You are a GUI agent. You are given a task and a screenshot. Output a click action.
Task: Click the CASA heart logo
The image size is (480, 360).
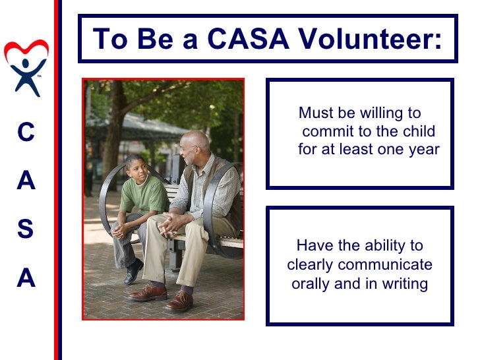tap(26, 67)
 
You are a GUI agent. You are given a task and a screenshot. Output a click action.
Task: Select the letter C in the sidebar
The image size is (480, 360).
tap(26, 133)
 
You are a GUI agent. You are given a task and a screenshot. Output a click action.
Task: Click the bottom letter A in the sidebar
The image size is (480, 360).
tap(26, 280)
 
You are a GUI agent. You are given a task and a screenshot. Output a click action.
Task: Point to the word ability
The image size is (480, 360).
tap(382, 246)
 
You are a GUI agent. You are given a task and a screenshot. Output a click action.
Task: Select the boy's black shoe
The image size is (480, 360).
tap(134, 271)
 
